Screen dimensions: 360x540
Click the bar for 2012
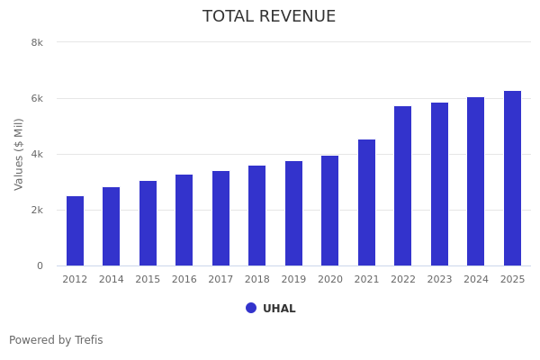(x=75, y=231)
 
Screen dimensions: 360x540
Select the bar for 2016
(x=184, y=220)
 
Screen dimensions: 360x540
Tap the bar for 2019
(x=293, y=213)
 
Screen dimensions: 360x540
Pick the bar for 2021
(x=366, y=202)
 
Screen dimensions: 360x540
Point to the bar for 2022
(x=402, y=186)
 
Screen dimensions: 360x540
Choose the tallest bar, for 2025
(x=512, y=178)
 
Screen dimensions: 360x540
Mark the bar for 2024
(x=475, y=182)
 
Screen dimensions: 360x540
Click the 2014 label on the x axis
(x=112, y=280)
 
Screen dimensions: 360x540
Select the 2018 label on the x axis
(x=257, y=280)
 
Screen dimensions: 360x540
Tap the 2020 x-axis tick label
(x=330, y=280)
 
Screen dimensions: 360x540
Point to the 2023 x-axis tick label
(x=439, y=280)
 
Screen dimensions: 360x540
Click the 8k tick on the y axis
(x=37, y=42)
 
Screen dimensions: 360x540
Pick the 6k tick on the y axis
(x=37, y=98)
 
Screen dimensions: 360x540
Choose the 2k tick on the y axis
(x=37, y=210)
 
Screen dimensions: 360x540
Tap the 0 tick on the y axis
(x=40, y=265)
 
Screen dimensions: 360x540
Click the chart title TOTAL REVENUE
(x=269, y=17)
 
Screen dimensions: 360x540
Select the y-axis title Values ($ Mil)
(x=19, y=154)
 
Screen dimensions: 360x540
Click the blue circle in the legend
(x=251, y=308)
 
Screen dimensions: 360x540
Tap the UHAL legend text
(x=279, y=309)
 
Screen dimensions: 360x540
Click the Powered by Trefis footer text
(x=56, y=340)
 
